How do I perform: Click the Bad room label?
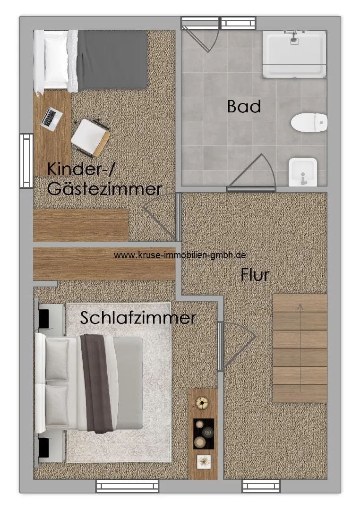click(x=244, y=107)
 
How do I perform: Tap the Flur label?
click(x=255, y=275)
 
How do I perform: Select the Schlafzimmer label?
click(x=138, y=317)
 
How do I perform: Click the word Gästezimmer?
click(x=104, y=189)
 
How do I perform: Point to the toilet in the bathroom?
click(x=309, y=123)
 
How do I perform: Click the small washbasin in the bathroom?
click(x=302, y=172)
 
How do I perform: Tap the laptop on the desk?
click(x=51, y=119)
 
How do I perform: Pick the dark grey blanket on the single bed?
click(x=112, y=60)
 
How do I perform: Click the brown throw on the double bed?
click(x=97, y=383)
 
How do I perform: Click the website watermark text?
click(x=180, y=255)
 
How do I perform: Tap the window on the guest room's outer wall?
click(x=26, y=161)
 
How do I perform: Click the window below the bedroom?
click(x=128, y=486)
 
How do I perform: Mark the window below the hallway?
click(x=261, y=486)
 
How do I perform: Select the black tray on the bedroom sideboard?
click(x=204, y=433)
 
